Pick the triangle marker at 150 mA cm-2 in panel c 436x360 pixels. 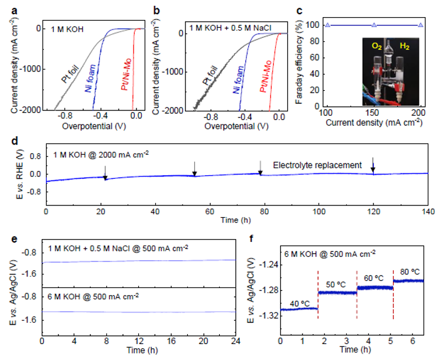point(373,25)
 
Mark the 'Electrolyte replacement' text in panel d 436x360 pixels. point(317,165)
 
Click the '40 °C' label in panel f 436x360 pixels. point(300,304)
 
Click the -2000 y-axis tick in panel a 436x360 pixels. point(25,110)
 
